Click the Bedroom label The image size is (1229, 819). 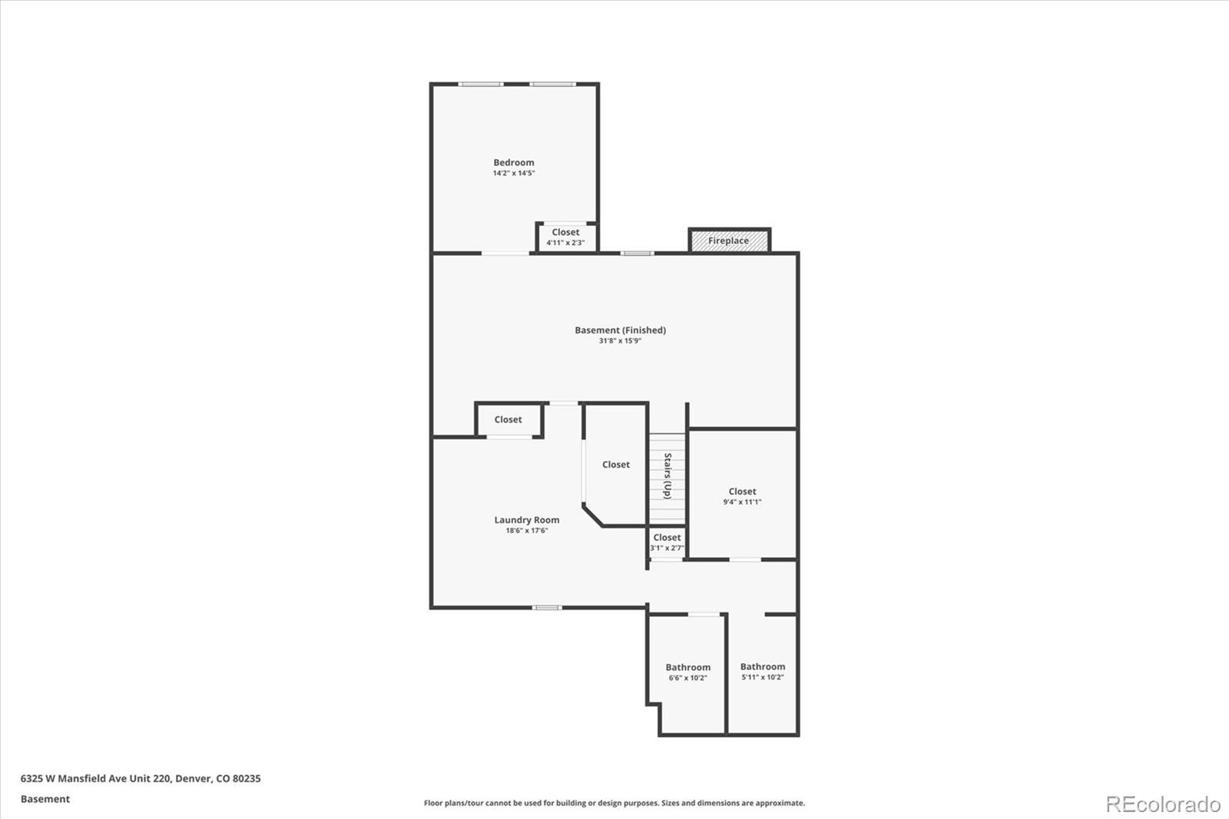513,162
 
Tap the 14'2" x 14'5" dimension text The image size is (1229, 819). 513,174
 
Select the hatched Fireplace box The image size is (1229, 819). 729,240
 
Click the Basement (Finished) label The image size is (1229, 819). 620,330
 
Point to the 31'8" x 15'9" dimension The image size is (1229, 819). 620,341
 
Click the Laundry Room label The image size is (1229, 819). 526,520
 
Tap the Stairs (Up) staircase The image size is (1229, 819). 667,477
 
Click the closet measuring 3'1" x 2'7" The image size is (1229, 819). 666,542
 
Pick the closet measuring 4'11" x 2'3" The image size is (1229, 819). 565,237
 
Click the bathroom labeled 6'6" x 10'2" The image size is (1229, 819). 687,672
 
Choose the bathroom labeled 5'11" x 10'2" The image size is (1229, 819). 762,671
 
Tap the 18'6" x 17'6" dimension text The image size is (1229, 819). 526,531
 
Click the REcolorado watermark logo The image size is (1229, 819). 1163,804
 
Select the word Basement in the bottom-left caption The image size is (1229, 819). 45,799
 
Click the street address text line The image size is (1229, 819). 141,778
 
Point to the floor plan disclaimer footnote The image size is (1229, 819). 614,803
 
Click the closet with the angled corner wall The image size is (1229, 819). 615,465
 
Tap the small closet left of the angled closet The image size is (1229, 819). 508,419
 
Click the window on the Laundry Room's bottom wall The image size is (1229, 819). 547,608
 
